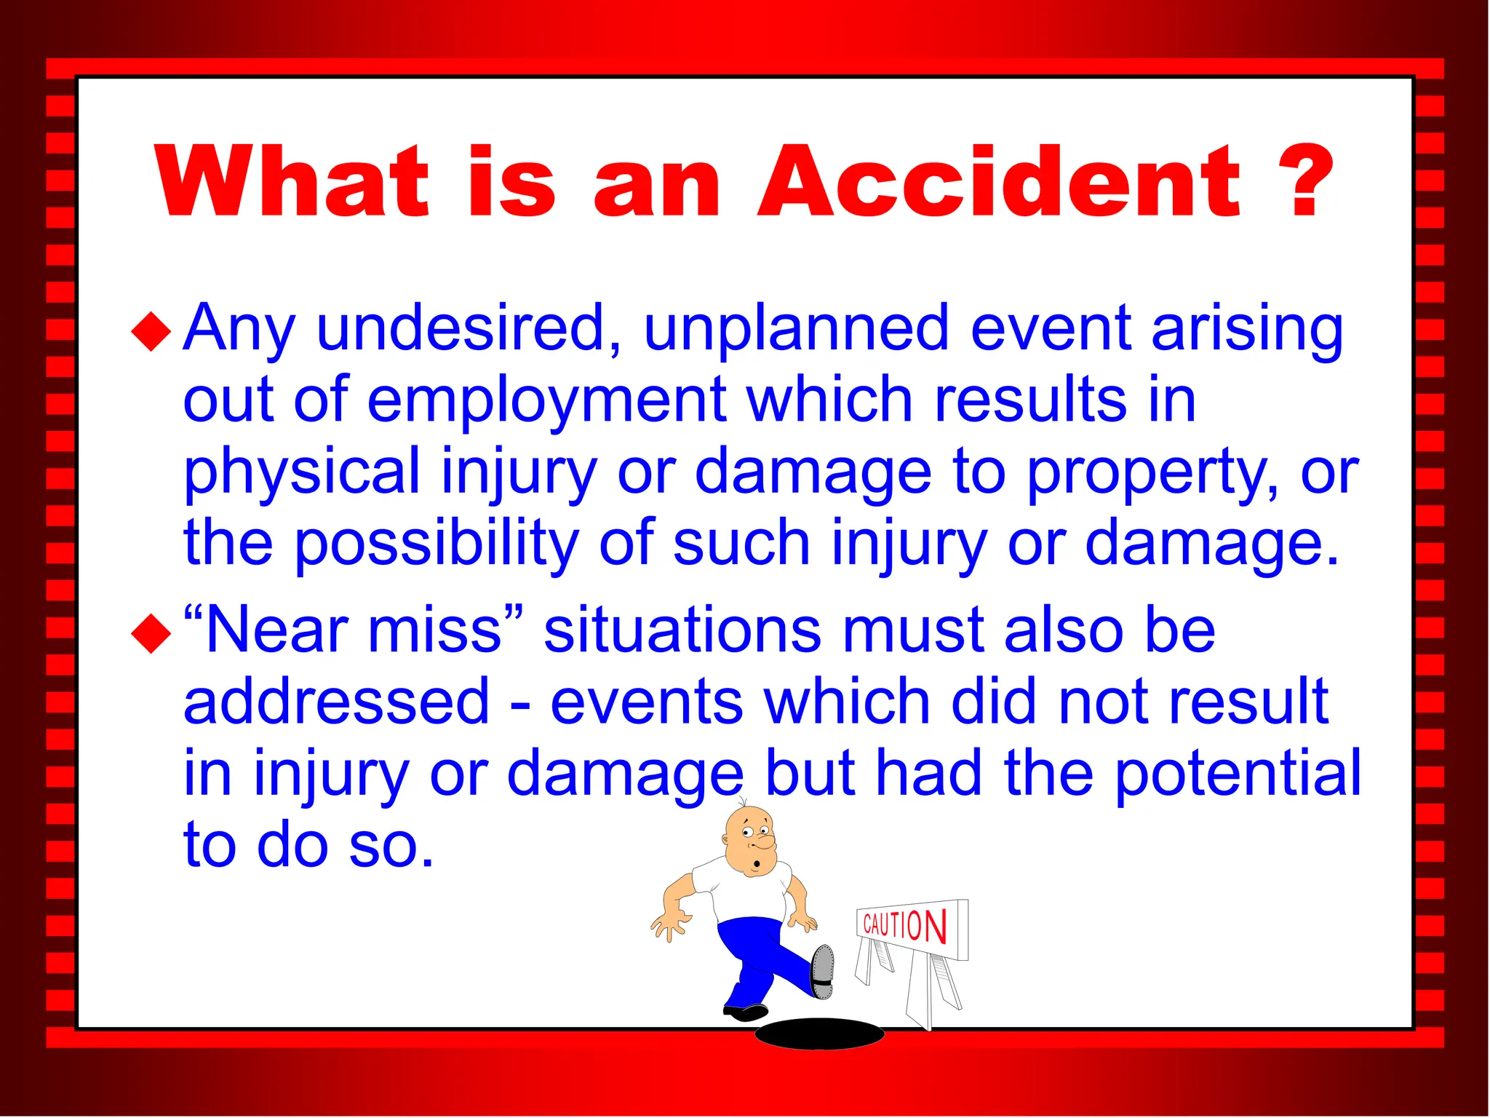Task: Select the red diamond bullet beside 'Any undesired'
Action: coord(151,331)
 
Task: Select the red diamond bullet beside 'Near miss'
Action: coord(151,633)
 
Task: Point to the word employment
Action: coord(546,400)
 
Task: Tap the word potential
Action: coord(1238,773)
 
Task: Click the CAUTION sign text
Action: coord(904,925)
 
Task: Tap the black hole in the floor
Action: coord(819,1034)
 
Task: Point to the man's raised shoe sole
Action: coord(823,971)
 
